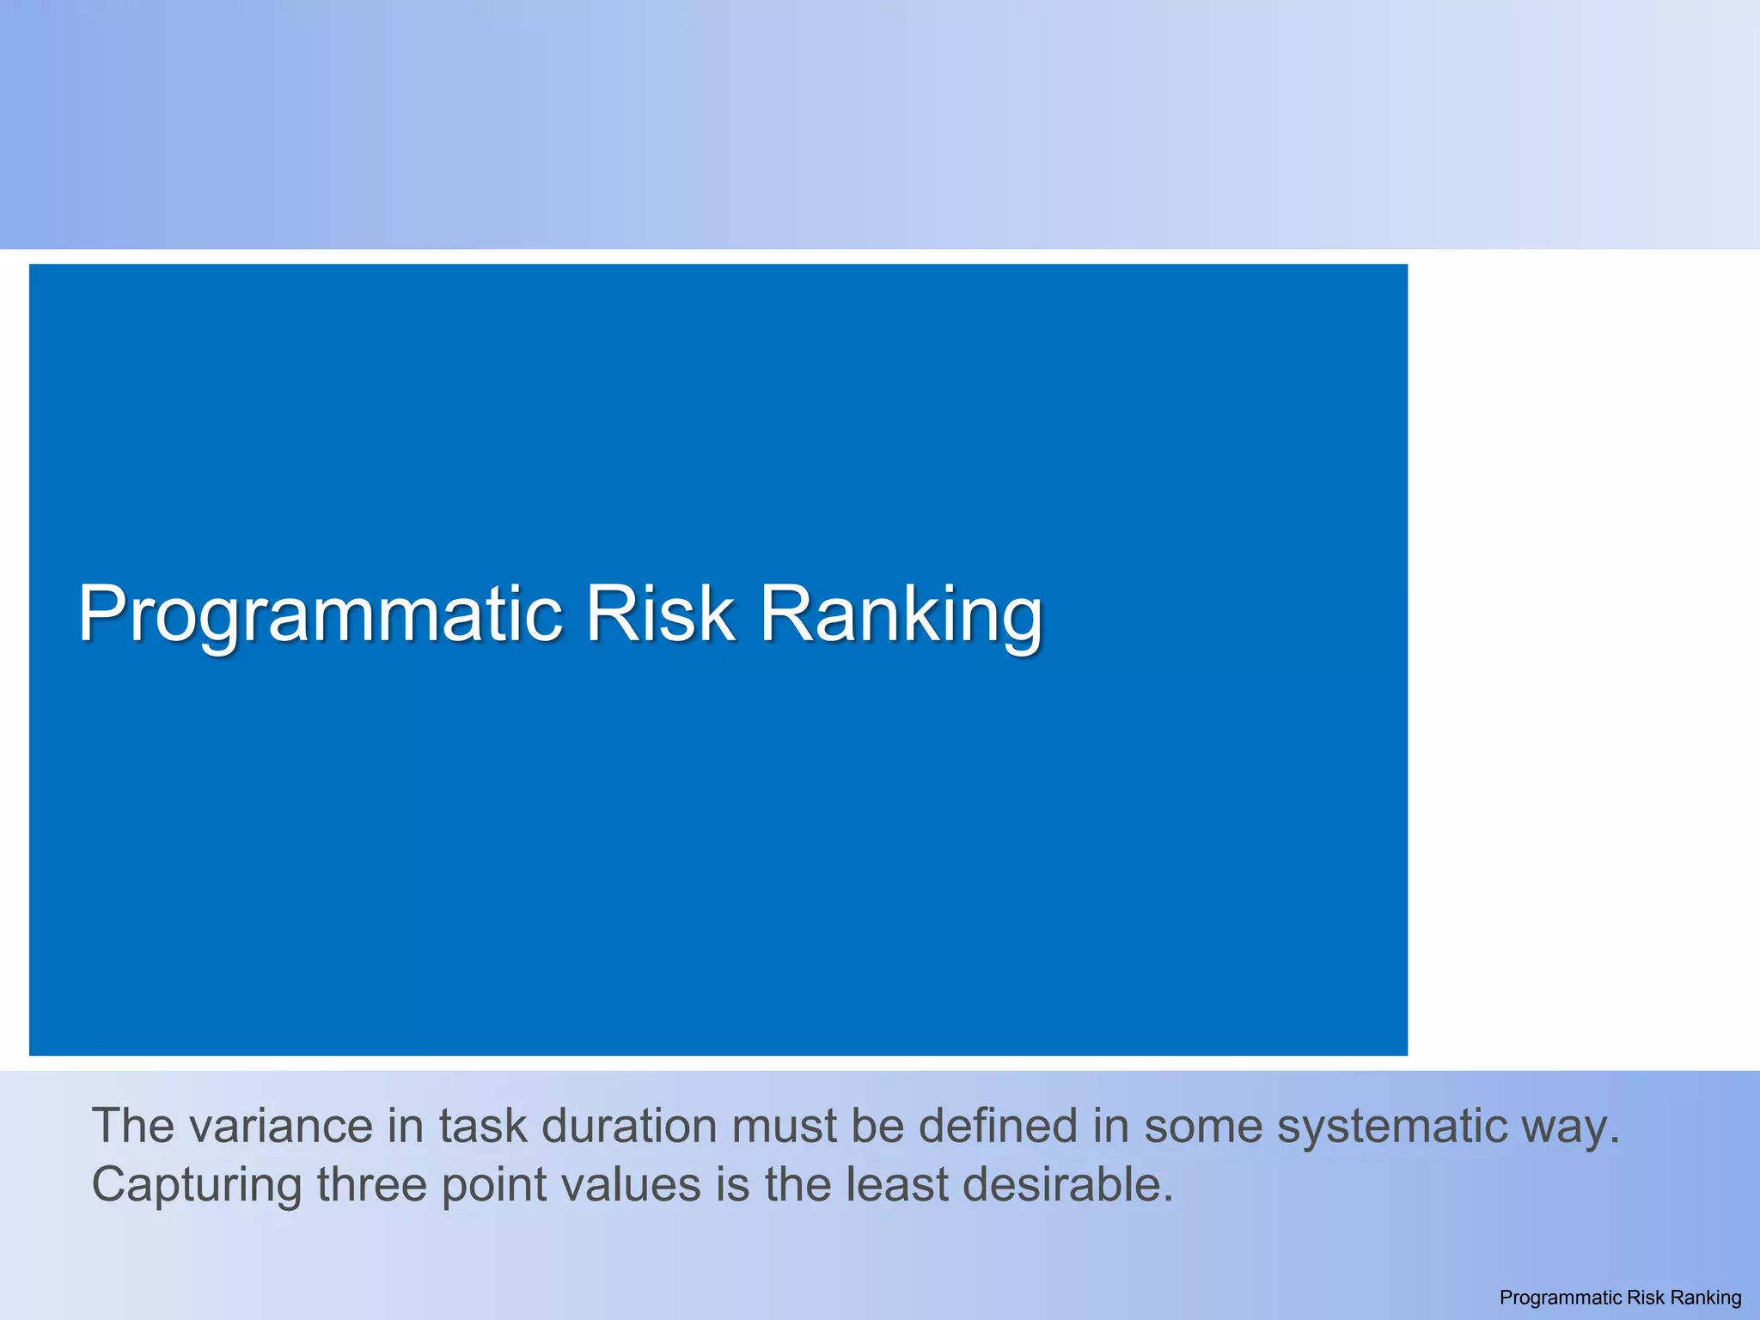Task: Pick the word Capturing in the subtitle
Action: [x=196, y=1185]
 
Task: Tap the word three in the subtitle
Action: [x=371, y=1185]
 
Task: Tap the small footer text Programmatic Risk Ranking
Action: [x=1620, y=1298]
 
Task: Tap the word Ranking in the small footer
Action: [x=1705, y=1298]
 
